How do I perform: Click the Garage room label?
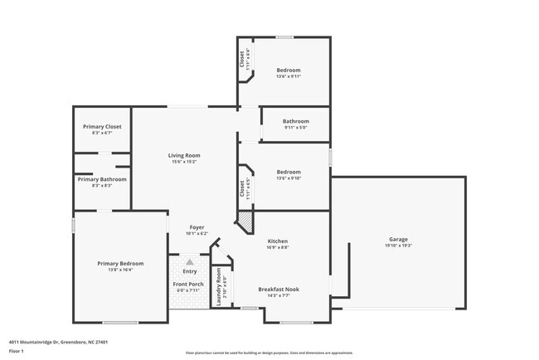[398, 238]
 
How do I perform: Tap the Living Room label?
[184, 155]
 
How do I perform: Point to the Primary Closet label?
[102, 127]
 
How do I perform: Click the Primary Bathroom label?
[102, 179]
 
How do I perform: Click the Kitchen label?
[278, 240]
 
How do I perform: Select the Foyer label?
[197, 226]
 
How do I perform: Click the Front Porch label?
[188, 285]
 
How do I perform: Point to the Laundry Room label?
[219, 283]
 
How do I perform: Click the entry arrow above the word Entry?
[189, 261]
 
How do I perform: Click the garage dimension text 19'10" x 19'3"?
[398, 246]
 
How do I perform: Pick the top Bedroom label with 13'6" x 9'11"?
[288, 70]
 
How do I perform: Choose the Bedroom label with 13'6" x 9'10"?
[288, 172]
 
